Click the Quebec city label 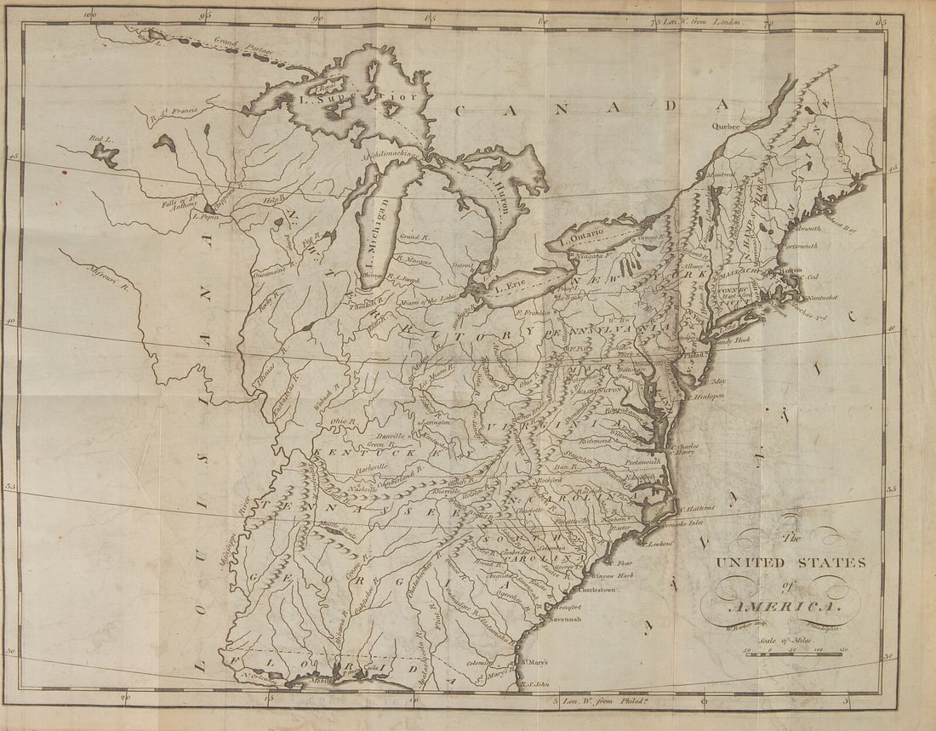[x=728, y=126]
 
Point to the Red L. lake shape [x=106, y=154]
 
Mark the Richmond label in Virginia [x=596, y=441]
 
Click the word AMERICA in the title [x=777, y=606]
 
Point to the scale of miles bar [x=794, y=654]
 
